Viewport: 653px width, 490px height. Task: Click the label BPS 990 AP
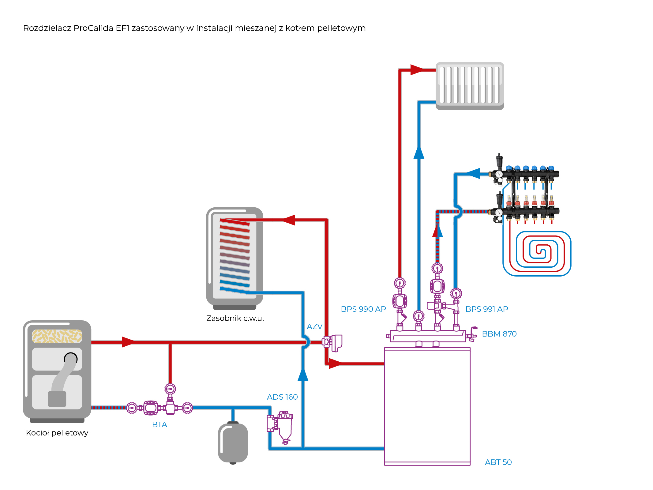[x=363, y=309]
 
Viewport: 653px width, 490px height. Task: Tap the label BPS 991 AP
[x=486, y=309]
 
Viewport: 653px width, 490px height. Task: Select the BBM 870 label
[x=499, y=334]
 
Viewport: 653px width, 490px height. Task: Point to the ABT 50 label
[x=498, y=462]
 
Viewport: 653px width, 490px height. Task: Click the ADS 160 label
[x=282, y=397]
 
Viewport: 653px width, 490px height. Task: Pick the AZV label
[x=314, y=326]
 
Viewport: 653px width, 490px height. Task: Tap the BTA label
[x=159, y=424]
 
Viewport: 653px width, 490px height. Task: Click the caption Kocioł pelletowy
[x=57, y=433]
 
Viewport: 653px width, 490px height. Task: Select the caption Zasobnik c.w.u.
[x=235, y=318]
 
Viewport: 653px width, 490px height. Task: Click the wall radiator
[x=470, y=85]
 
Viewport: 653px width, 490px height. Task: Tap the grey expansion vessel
[x=233, y=443]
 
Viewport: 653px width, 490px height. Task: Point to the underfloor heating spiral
[x=537, y=253]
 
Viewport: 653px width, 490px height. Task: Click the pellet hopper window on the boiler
[x=57, y=336]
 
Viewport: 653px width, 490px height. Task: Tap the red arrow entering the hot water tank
[x=288, y=220]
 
